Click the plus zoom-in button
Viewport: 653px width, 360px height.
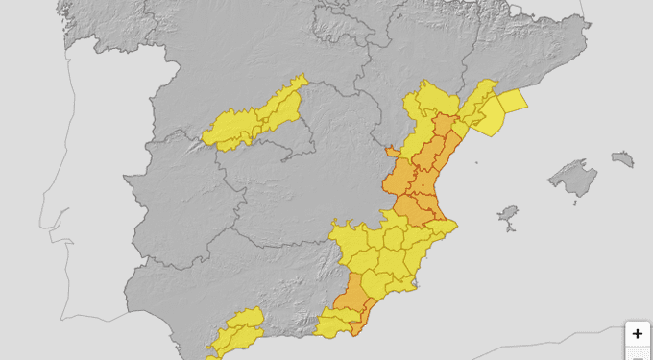[x=638, y=334]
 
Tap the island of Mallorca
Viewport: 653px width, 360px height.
[x=573, y=180]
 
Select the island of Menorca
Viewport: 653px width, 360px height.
[x=622, y=158]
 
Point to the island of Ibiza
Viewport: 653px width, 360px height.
[x=509, y=215]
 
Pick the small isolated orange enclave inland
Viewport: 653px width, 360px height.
[x=390, y=151]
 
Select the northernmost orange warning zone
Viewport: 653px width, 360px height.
[x=444, y=126]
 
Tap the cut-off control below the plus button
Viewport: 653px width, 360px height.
[x=638, y=354]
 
